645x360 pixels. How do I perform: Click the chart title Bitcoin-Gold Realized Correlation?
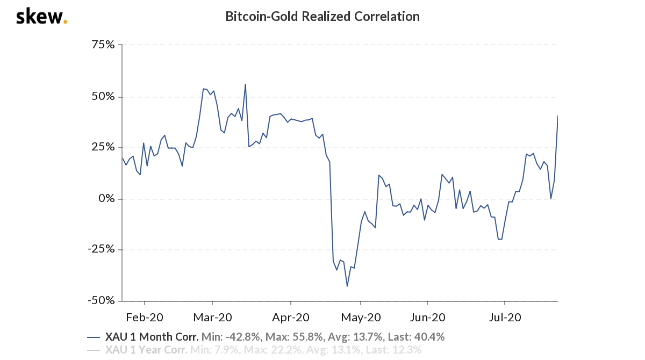click(x=322, y=17)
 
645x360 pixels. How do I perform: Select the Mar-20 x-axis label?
click(x=213, y=318)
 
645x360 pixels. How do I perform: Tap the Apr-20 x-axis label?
click(x=291, y=318)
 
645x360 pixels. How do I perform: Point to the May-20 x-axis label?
click(x=361, y=318)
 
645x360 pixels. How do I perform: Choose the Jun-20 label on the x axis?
click(x=426, y=318)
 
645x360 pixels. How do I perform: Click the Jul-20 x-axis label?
click(x=505, y=318)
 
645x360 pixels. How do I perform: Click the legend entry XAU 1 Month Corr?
click(x=152, y=337)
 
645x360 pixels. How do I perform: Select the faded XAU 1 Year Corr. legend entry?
click(x=146, y=350)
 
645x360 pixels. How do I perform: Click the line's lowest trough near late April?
click(x=347, y=286)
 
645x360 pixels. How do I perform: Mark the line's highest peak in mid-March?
click(x=245, y=84)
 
